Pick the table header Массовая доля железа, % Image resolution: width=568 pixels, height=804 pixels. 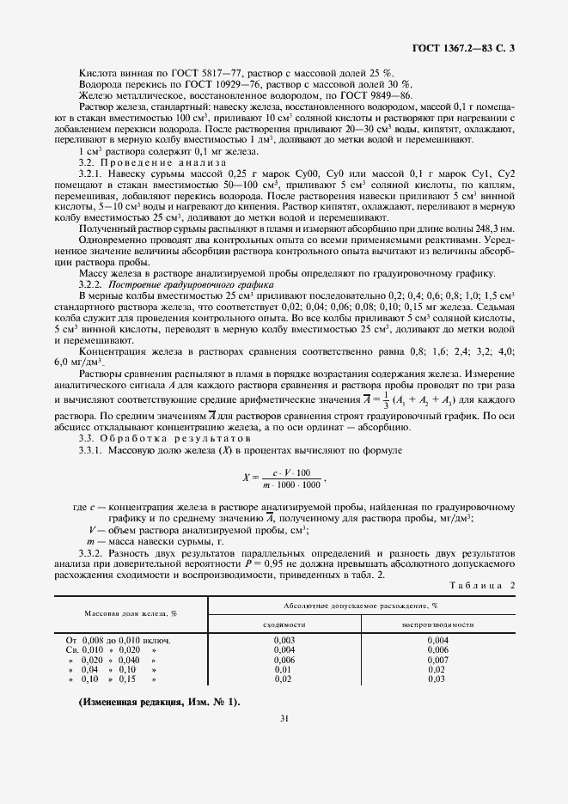(131, 614)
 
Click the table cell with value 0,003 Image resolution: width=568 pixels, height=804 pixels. (284, 641)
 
